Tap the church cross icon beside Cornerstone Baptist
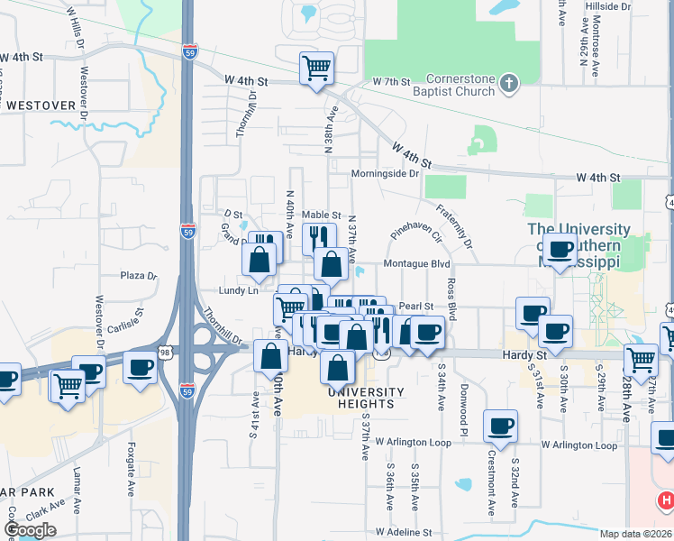(509, 85)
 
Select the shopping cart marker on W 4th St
(316, 68)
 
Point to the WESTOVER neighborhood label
(40, 105)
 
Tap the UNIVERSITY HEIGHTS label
(366, 398)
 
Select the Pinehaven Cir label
(415, 238)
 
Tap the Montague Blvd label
(415, 264)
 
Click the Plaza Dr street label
(138, 276)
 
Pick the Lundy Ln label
(238, 290)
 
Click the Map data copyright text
(634, 534)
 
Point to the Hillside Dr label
(609, 5)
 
